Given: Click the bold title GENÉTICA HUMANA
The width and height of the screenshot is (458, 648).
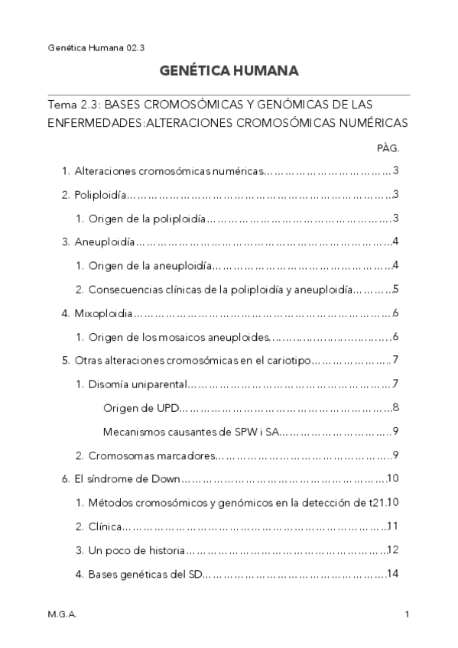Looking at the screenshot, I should tap(229, 71).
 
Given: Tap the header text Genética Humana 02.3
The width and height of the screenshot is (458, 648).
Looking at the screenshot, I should tap(91, 47).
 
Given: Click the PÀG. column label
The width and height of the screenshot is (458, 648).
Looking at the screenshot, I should tap(388, 147).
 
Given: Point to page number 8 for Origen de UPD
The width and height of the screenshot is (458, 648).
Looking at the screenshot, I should tap(395, 407).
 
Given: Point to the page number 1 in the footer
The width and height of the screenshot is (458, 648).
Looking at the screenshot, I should tap(408, 614).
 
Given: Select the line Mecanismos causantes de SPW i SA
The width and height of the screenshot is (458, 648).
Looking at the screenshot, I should tap(190, 432).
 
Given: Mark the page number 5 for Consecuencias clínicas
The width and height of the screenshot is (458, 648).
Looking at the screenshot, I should tap(395, 290).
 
